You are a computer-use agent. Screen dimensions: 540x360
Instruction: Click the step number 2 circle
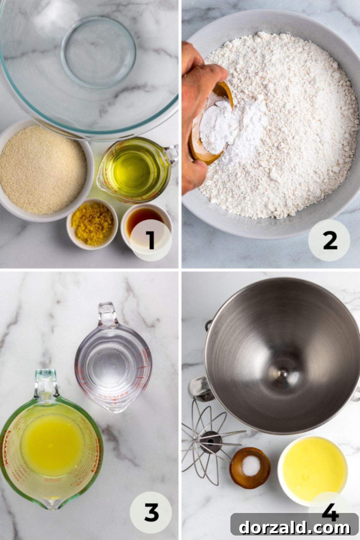point(329,240)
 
